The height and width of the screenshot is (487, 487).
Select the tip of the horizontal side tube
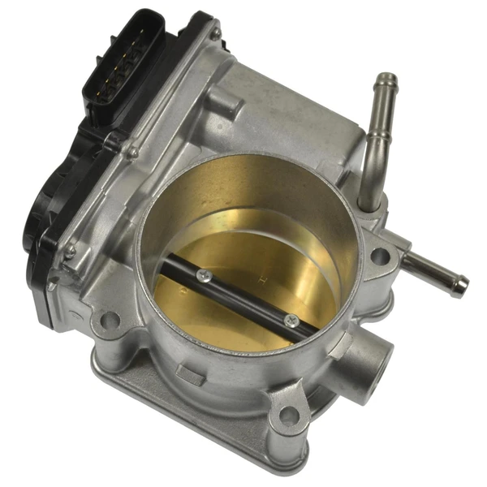point(461,284)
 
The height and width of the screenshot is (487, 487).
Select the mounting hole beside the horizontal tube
point(379,257)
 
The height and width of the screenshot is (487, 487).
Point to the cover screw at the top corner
point(215,34)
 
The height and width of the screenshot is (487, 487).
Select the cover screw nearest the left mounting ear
point(70,252)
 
